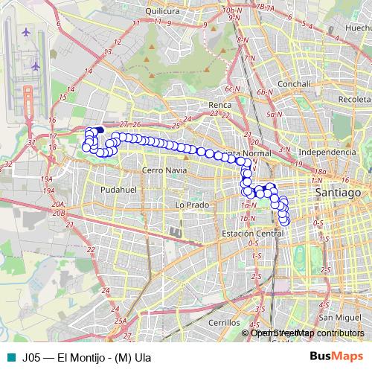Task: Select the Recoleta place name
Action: tap(353, 98)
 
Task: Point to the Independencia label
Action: tap(327, 152)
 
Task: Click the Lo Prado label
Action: tap(189, 204)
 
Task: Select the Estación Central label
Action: tap(254, 234)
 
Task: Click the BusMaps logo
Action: tap(336, 356)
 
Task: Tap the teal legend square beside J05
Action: tap(10, 356)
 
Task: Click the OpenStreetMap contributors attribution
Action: tap(307, 333)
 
